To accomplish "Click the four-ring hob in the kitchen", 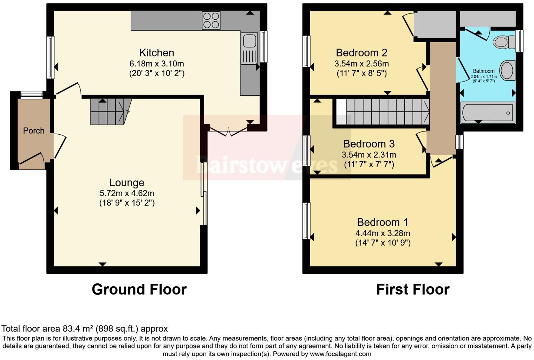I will click(x=211, y=20).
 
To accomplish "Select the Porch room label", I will click(x=34, y=131).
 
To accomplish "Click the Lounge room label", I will click(x=127, y=182).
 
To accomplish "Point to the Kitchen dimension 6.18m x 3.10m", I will click(x=157, y=64).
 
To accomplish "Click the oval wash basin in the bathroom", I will click(x=507, y=70).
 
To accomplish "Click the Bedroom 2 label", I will click(x=362, y=53).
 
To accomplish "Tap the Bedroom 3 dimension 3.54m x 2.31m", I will click(x=369, y=155).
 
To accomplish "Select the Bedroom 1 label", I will click(x=383, y=222).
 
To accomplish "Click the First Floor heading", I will click(x=413, y=289).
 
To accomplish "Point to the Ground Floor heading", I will click(x=139, y=289).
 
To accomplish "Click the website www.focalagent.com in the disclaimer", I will click(x=340, y=354).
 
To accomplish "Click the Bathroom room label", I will click(x=483, y=71).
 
